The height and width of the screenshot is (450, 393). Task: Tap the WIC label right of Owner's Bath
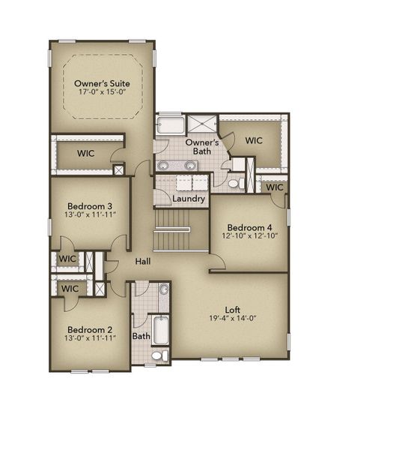click(x=254, y=140)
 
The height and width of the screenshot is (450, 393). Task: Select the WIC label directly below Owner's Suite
click(x=87, y=153)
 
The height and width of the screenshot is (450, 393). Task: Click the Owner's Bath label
click(x=202, y=146)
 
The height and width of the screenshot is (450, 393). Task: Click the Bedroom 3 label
click(x=90, y=206)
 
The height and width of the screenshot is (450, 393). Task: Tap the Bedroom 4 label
click(x=250, y=227)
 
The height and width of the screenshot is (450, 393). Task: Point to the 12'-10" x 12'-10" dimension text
click(x=250, y=236)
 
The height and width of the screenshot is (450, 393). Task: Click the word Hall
click(x=144, y=261)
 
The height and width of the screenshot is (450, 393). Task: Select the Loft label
click(x=233, y=309)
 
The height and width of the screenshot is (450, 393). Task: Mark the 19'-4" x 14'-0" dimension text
click(x=233, y=319)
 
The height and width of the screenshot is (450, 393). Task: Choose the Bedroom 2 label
click(x=90, y=329)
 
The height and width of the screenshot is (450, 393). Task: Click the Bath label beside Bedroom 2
click(x=141, y=337)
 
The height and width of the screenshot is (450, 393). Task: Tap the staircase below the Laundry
click(x=180, y=229)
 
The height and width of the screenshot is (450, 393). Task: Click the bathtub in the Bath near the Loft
click(x=162, y=328)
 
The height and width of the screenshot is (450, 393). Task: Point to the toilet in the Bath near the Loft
click(x=160, y=355)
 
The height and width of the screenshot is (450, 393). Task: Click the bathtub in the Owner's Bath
click(x=170, y=124)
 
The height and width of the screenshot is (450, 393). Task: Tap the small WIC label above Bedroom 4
click(x=275, y=187)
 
